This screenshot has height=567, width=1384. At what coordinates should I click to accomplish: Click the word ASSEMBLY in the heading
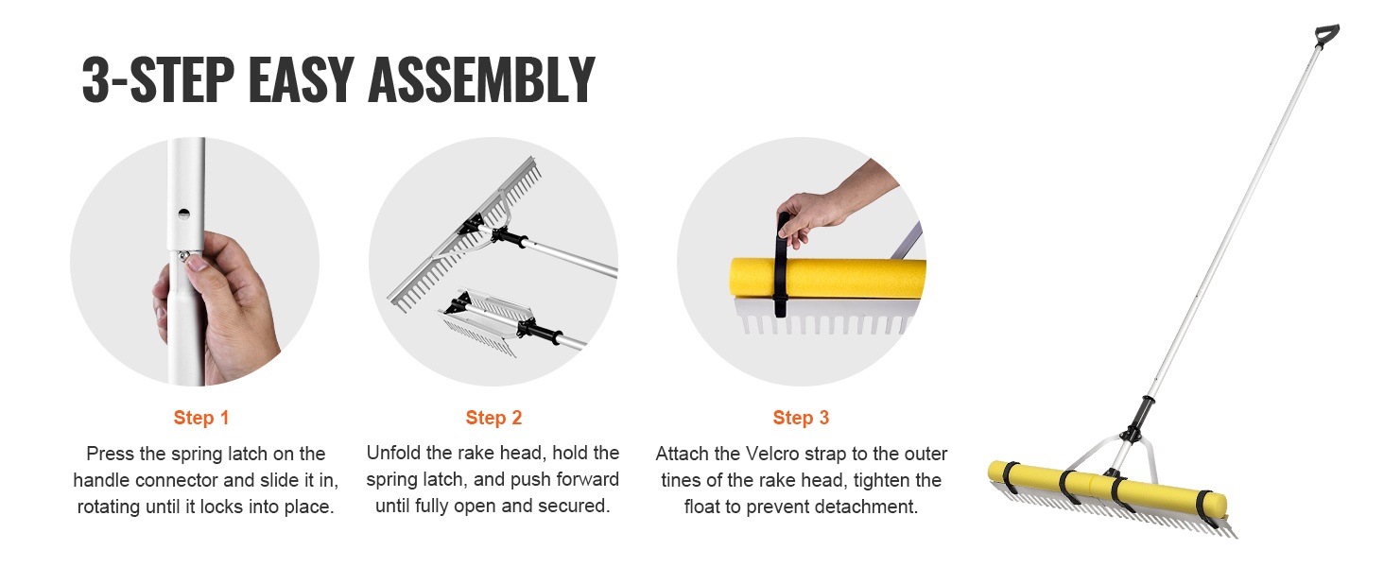[x=481, y=79]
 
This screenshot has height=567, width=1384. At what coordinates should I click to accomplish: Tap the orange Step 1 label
[x=200, y=418]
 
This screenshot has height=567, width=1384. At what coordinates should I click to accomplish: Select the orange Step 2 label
[x=493, y=418]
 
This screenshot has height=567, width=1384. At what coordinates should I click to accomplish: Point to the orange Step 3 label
[x=801, y=418]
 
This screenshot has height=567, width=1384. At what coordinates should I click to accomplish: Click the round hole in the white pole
[x=184, y=214]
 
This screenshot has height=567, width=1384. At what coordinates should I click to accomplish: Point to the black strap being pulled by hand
[x=782, y=266]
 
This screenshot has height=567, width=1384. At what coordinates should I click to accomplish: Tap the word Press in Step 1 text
[x=110, y=454]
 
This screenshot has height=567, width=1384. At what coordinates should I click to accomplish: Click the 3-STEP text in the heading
[x=158, y=79]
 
